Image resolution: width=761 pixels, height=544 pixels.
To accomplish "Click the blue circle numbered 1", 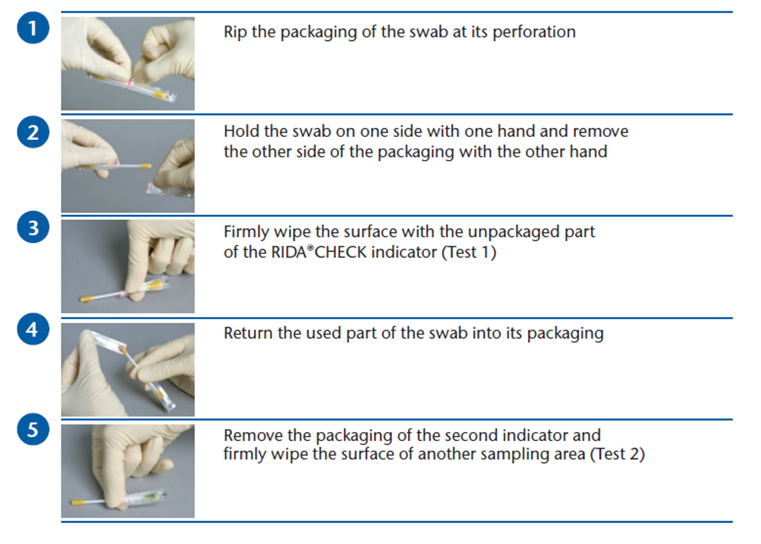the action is click(33, 28).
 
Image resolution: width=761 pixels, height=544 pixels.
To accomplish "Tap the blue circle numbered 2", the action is click(33, 132).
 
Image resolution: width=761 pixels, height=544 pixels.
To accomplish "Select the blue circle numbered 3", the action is click(33, 227).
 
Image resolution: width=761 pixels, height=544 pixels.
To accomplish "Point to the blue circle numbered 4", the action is click(33, 329).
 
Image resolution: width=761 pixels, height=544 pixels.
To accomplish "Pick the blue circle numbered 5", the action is click(33, 429).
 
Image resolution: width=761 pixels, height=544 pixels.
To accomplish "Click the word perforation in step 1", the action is click(534, 33).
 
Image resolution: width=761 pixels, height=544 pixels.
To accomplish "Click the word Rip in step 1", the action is click(235, 33).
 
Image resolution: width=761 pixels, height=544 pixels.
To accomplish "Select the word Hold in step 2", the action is click(241, 131).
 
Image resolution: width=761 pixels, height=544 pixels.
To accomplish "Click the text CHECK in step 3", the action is click(341, 253).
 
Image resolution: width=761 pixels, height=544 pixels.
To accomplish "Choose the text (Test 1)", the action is click(469, 253).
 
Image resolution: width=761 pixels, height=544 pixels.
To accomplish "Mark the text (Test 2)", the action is click(617, 454).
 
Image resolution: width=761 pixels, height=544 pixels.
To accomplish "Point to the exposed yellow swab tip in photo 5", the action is click(77, 502).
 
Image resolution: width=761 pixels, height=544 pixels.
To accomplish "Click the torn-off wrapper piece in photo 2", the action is click(169, 191).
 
